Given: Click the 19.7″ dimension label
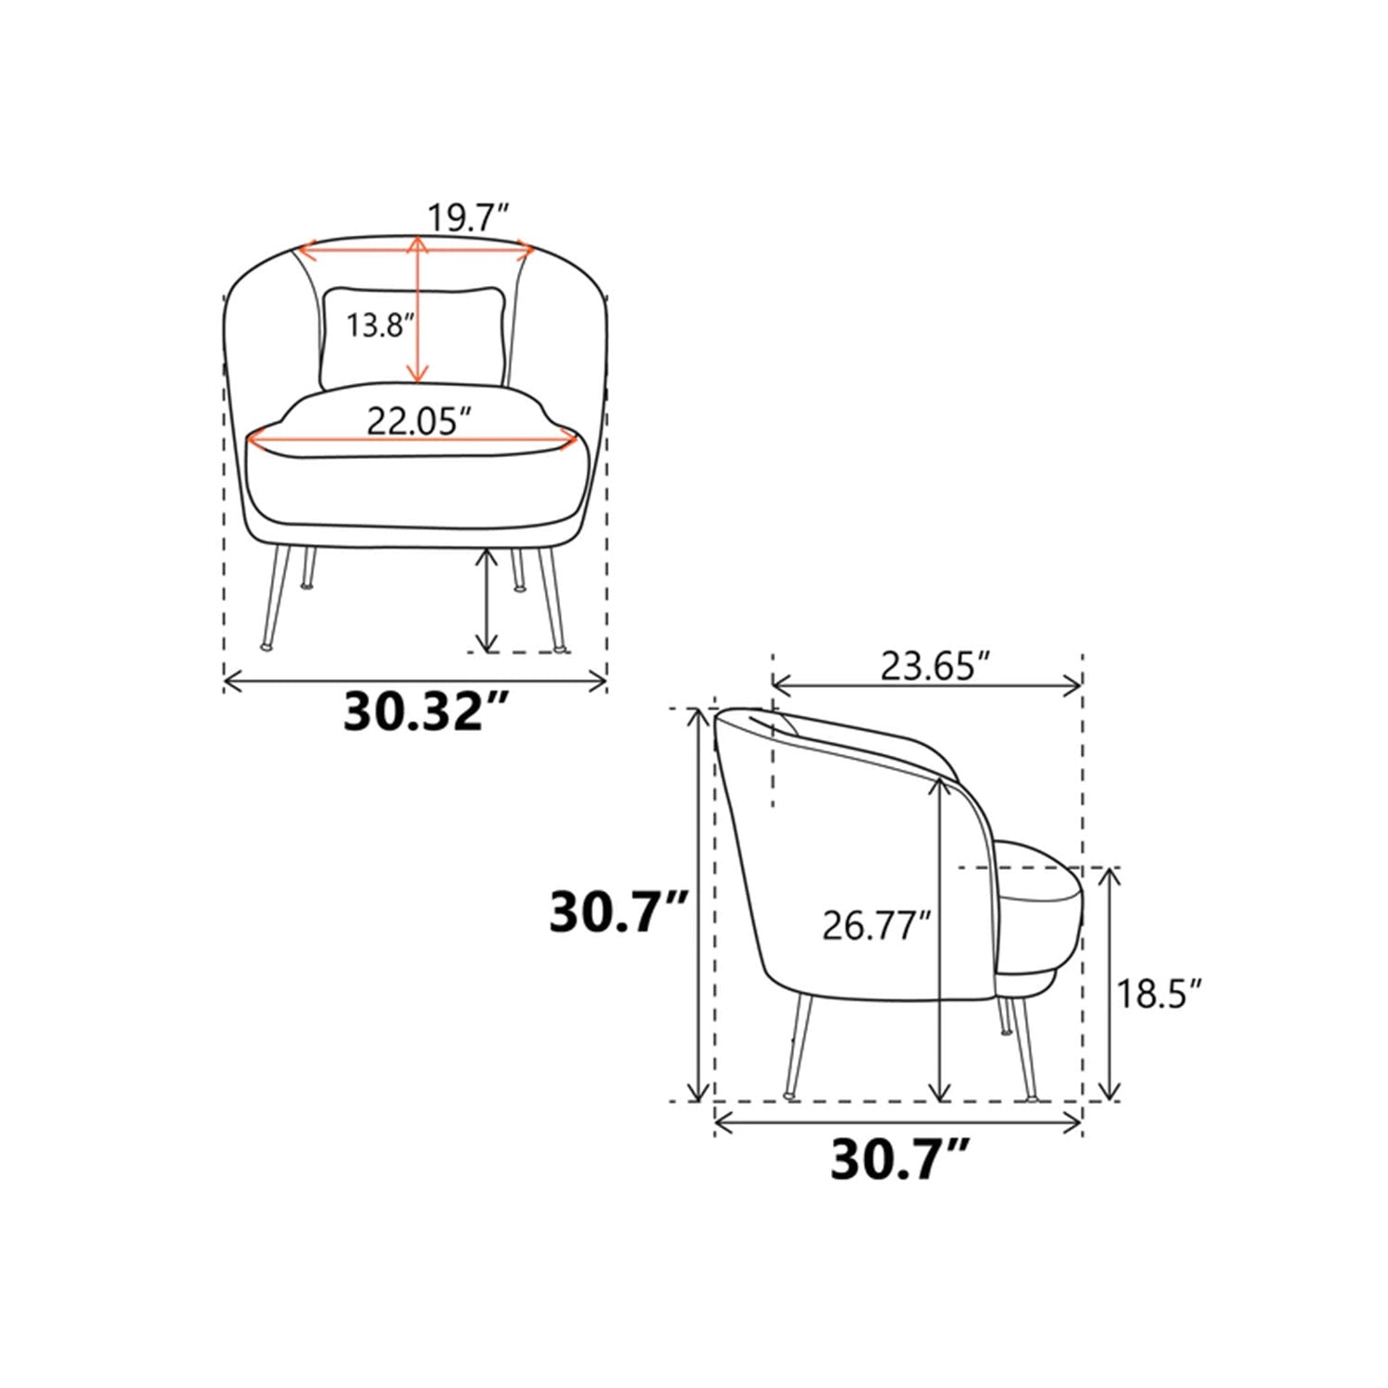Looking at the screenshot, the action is point(467,218).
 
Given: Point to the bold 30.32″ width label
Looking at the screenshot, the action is point(427,712).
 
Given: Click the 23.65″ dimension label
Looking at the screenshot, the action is point(935,665).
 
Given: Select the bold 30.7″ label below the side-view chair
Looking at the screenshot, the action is point(898,1159).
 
